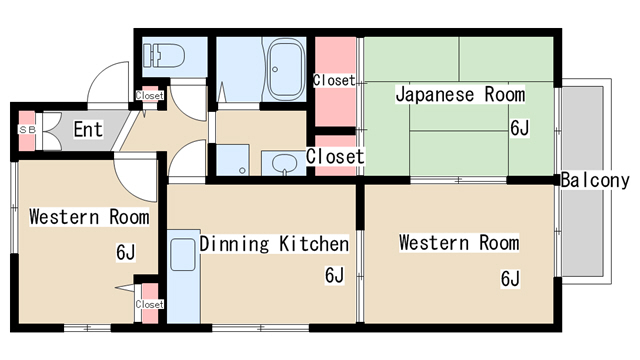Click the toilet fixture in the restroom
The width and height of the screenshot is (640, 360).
pos(161,54)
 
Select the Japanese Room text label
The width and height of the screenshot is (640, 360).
pos(460,95)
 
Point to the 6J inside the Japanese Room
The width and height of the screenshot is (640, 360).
pos(520,128)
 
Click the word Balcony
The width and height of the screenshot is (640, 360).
pos(595,181)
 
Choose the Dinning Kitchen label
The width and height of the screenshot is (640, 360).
pos(274,243)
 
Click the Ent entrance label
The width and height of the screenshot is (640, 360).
pos(88,129)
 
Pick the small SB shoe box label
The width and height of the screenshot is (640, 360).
pos(26,130)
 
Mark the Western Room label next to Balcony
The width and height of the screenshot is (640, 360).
pos(459,243)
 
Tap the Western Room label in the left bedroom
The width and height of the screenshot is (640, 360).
pos(88,216)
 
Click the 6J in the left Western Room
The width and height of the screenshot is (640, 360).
pos(125,252)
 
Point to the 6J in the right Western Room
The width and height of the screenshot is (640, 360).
pos(510,278)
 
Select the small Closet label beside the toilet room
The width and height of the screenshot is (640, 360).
pos(149,96)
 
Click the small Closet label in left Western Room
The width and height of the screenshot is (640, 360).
pos(149,304)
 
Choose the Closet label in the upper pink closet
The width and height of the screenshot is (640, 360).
pos(334,80)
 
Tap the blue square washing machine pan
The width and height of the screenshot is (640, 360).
pos(233,159)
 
